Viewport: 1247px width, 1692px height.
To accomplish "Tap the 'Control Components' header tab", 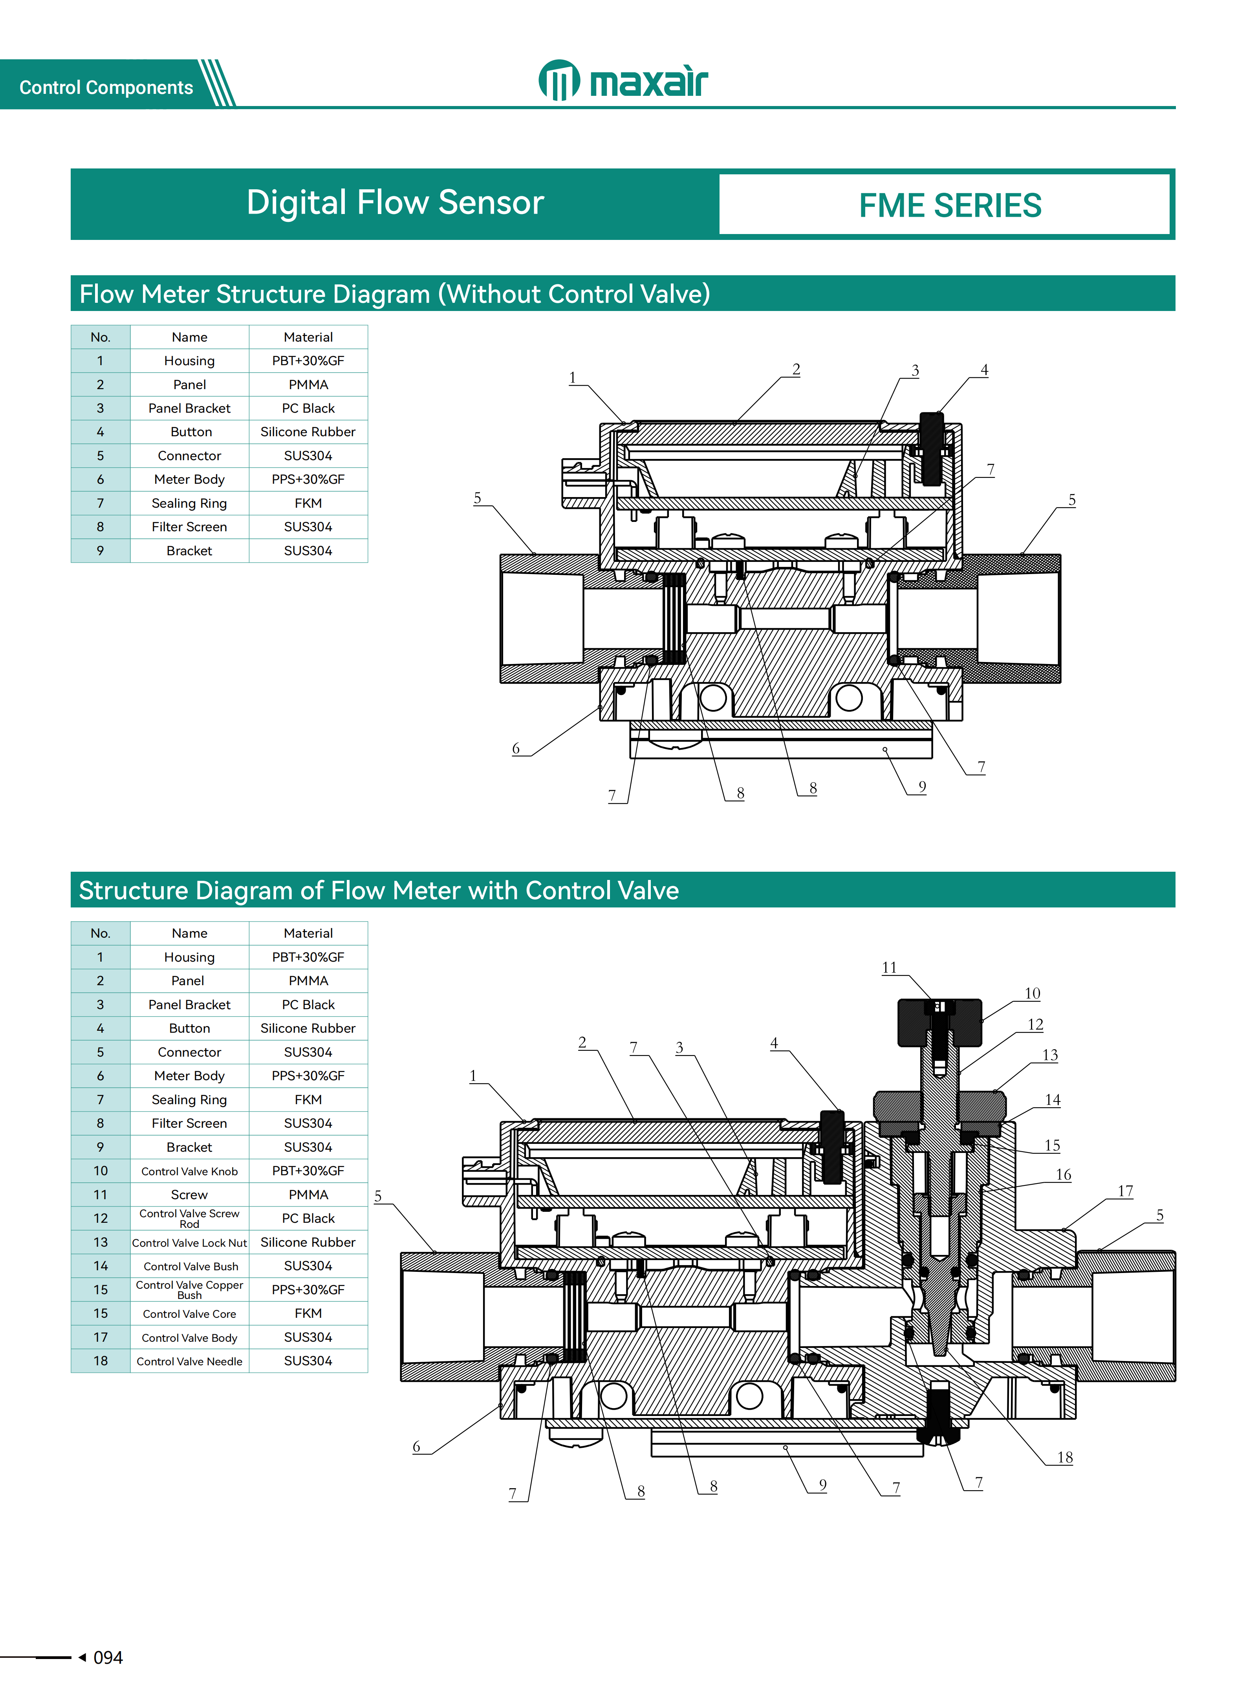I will point(106,88).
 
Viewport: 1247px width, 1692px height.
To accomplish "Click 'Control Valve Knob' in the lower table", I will point(189,1171).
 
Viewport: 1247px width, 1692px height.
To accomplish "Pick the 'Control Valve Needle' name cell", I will point(189,1361).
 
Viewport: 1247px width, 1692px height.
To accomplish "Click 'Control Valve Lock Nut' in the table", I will point(189,1242).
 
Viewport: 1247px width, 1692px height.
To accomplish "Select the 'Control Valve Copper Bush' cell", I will point(189,1289).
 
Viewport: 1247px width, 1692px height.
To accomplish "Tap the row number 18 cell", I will point(101,1361).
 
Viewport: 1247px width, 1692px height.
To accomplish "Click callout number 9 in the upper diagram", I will point(922,787).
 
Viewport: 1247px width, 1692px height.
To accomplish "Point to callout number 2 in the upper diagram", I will point(796,369).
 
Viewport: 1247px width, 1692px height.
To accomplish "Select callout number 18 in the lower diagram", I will point(1064,1456).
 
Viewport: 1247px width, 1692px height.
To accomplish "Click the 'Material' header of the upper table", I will point(308,337).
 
